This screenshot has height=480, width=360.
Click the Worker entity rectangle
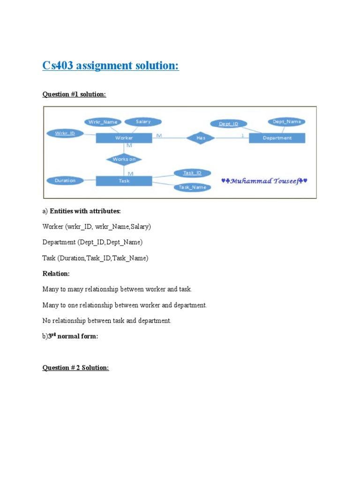[x=124, y=138]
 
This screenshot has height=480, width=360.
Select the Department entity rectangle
[x=277, y=138]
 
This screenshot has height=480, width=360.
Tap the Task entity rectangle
[x=124, y=180]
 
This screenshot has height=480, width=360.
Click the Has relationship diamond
[x=201, y=138]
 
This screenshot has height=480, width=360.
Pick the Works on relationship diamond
[x=124, y=159]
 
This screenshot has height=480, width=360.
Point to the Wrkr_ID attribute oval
[x=65, y=133]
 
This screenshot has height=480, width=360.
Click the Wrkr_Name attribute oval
[x=103, y=122]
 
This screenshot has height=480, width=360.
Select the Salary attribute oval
[x=143, y=122]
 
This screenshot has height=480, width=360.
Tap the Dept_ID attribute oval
[x=228, y=124]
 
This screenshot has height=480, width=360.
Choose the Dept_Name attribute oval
[x=287, y=122]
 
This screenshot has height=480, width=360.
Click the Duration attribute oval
[x=65, y=180]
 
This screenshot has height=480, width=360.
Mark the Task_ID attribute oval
[x=192, y=173]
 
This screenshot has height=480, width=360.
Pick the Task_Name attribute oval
[x=192, y=187]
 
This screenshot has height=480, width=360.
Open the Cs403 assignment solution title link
[x=111, y=66]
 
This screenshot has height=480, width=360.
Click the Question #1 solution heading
[x=74, y=95]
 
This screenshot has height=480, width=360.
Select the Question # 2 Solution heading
[x=75, y=368]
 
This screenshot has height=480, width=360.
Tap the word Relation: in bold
[x=56, y=274]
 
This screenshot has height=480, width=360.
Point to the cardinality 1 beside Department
[x=242, y=135]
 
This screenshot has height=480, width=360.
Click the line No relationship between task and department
[x=107, y=321]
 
